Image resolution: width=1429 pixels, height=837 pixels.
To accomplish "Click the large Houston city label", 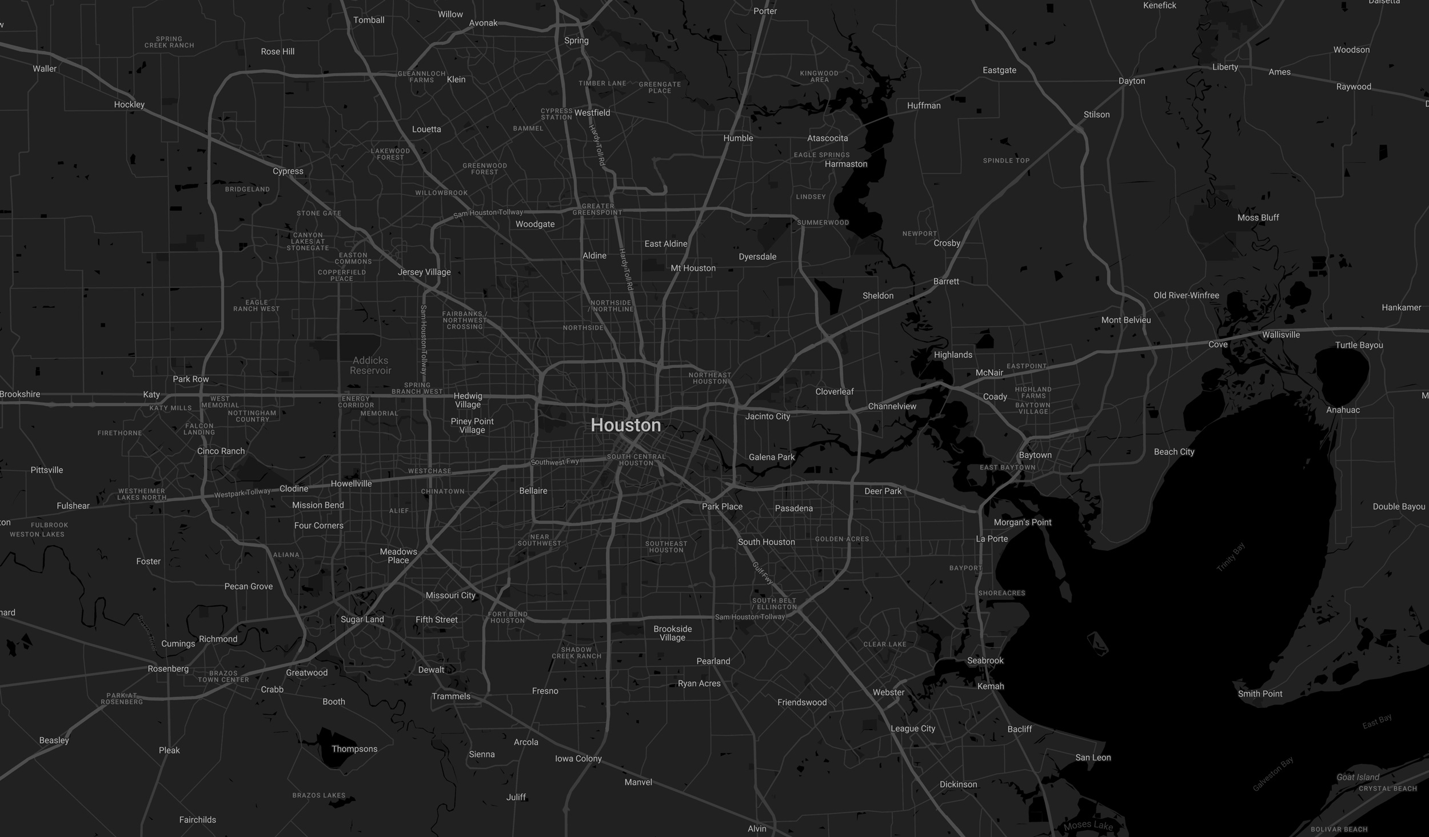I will pyautogui.click(x=625, y=425).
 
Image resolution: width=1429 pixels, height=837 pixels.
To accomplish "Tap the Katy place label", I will pyautogui.click(x=151, y=394).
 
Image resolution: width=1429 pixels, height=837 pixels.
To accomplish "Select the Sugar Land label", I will pyautogui.click(x=362, y=619).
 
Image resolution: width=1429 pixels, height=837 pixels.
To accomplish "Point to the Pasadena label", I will pyautogui.click(x=793, y=508).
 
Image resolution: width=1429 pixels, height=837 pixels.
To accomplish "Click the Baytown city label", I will pyautogui.click(x=1035, y=455).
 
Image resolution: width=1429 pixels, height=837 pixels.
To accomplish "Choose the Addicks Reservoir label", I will pyautogui.click(x=370, y=365).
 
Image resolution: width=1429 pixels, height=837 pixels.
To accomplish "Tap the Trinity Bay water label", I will pyautogui.click(x=1231, y=557).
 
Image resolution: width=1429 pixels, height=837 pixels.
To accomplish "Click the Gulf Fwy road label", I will pyautogui.click(x=763, y=572).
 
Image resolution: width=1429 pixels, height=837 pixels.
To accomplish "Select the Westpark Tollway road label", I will pyautogui.click(x=242, y=492).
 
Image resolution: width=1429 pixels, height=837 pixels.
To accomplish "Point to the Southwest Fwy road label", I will pyautogui.click(x=555, y=462).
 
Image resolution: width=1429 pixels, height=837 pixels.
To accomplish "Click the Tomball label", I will pyautogui.click(x=369, y=20).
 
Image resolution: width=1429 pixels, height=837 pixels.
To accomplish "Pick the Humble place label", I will pyautogui.click(x=738, y=138).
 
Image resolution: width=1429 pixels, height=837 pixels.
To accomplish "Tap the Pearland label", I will pyautogui.click(x=713, y=661).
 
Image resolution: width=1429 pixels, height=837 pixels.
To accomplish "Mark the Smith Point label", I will pyautogui.click(x=1260, y=694).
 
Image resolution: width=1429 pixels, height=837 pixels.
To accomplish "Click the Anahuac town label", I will pyautogui.click(x=1343, y=410).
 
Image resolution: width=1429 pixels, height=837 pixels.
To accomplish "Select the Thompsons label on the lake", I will pyautogui.click(x=354, y=749).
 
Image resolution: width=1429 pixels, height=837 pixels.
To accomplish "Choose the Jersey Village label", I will pyautogui.click(x=424, y=272).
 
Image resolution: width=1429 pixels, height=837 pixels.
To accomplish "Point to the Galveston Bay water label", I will pyautogui.click(x=1272, y=774).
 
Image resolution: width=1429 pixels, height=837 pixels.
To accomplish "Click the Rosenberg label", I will pyautogui.click(x=168, y=668).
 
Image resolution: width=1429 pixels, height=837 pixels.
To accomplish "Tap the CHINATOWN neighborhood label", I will pyautogui.click(x=442, y=491).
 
